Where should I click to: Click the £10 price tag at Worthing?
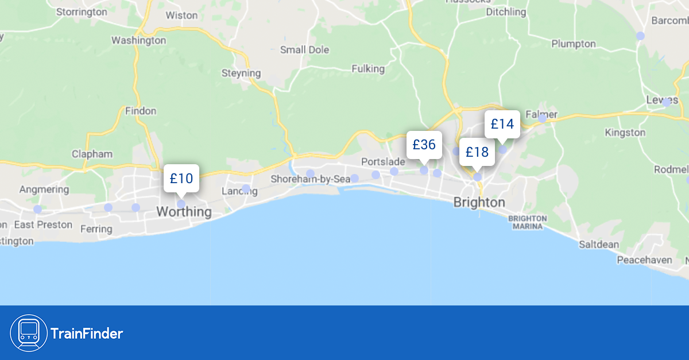click(181, 178)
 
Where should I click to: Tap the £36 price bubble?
click(424, 145)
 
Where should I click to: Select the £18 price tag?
click(477, 152)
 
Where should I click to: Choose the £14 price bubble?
click(502, 124)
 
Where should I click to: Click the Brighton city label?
click(479, 203)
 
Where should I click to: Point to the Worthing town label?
click(184, 212)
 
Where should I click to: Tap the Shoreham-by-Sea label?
click(311, 179)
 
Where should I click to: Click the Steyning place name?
click(241, 73)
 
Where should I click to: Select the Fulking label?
click(368, 69)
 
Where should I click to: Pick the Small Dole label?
click(305, 50)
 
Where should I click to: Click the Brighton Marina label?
click(528, 222)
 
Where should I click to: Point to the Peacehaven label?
click(644, 260)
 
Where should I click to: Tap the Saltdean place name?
click(599, 245)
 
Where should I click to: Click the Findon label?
click(140, 111)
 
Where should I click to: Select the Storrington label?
click(82, 11)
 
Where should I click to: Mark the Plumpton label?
click(574, 44)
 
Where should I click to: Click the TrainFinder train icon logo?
click(29, 333)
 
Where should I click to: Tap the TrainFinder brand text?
click(87, 333)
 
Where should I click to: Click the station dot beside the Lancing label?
click(246, 188)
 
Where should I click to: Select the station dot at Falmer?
click(542, 118)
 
